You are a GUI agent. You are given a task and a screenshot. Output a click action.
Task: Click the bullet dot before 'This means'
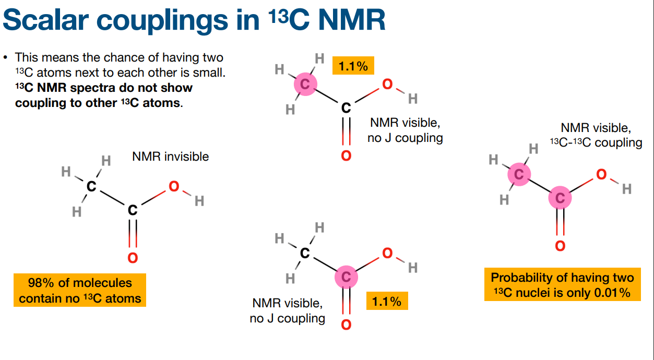coord(6,57)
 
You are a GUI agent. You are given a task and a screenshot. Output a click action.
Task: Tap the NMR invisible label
coord(170,156)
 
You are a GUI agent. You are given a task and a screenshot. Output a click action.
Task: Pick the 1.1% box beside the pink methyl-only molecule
coord(353,66)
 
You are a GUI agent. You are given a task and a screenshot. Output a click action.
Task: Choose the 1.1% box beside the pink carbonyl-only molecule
coord(387,301)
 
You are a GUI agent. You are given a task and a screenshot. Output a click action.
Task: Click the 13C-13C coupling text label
coord(596,142)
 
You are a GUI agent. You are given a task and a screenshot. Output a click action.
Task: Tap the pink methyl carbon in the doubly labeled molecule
coord(519,175)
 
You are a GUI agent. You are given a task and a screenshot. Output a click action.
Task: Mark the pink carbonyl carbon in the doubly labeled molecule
coord(560,198)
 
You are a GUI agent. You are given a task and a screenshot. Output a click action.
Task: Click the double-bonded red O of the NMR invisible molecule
coord(133,258)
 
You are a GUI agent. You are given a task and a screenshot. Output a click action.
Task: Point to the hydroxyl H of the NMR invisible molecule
coord(199,201)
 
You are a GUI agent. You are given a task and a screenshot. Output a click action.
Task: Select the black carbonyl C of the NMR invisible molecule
coord(133,210)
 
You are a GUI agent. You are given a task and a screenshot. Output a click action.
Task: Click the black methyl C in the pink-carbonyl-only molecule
coord(305,254)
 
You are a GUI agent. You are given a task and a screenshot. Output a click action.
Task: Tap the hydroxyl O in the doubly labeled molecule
coord(601,175)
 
